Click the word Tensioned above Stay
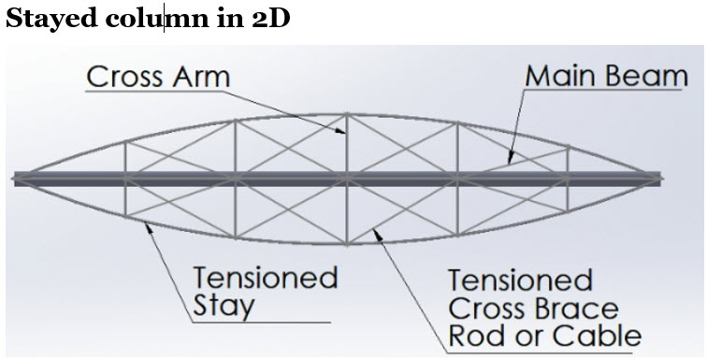point(265,278)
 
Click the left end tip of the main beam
point(15,178)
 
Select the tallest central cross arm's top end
point(347,114)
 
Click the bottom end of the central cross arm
point(347,244)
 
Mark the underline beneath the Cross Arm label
point(159,93)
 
